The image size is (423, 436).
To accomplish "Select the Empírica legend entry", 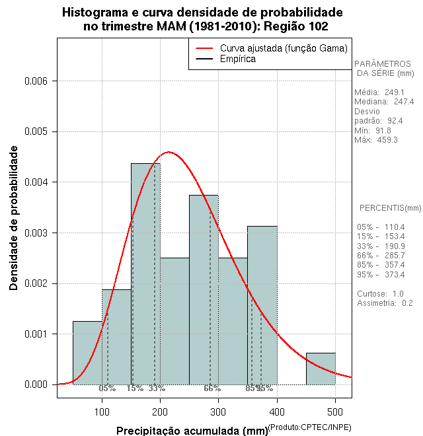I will coord(238,59).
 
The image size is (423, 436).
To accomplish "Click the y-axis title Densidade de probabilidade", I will coord(14,219).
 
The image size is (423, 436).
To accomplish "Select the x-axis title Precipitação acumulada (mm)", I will coord(192,431).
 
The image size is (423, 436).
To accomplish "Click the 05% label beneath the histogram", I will coord(107,388).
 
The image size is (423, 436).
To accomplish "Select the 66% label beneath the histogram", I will coord(211,388).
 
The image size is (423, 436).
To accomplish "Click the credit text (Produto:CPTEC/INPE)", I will coord(309,428).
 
